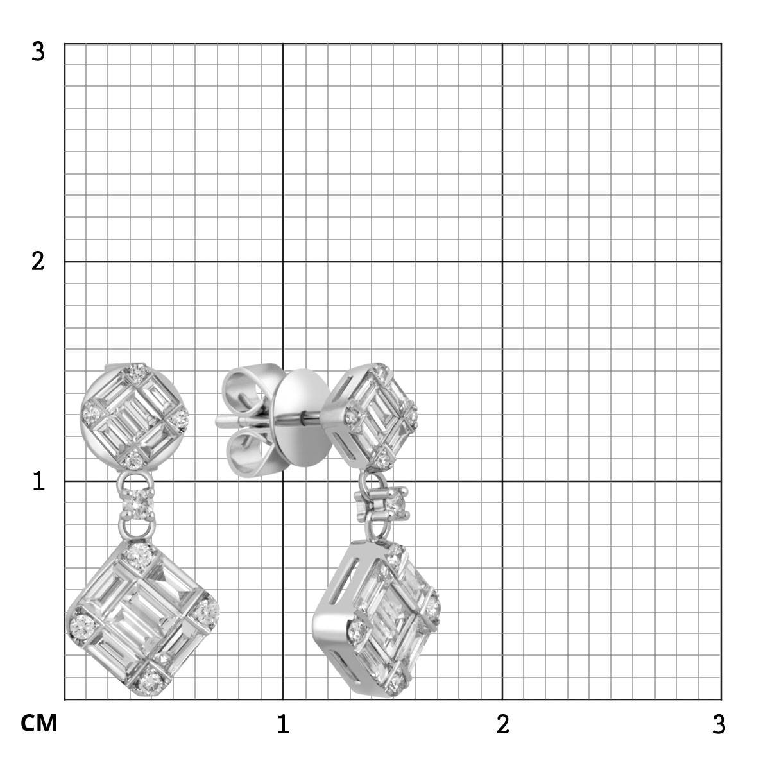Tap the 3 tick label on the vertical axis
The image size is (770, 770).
click(x=38, y=52)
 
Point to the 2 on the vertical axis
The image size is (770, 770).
click(x=38, y=262)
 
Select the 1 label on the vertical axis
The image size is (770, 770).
click(x=38, y=481)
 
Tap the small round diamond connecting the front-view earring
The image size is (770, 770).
click(x=137, y=505)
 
